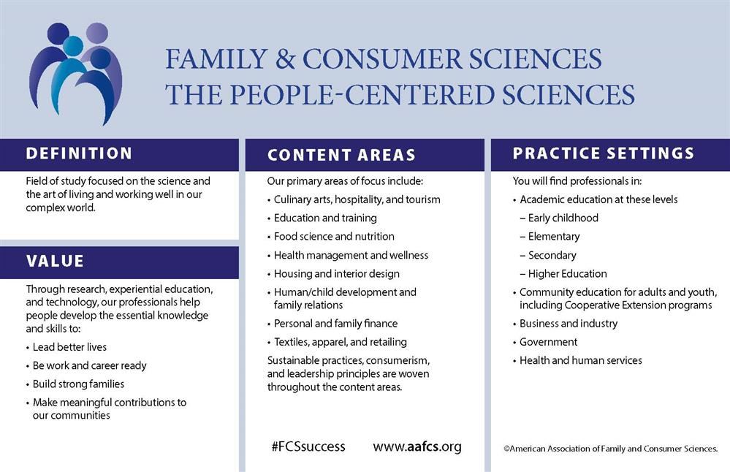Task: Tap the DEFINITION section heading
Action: (x=79, y=153)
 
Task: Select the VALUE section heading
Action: (x=55, y=261)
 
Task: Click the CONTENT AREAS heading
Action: (x=341, y=155)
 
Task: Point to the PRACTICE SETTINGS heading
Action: (x=604, y=153)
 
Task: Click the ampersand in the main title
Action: (x=285, y=59)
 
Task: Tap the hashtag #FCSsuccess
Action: (x=308, y=447)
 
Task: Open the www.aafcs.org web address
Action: (x=417, y=447)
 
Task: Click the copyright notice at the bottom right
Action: (x=610, y=449)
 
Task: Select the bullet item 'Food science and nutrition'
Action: (x=334, y=237)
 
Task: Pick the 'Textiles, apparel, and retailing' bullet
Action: (x=341, y=342)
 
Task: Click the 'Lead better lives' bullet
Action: (x=69, y=347)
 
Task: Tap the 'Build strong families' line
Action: (x=78, y=384)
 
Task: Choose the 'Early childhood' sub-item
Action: (x=563, y=218)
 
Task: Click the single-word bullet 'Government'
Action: (x=549, y=342)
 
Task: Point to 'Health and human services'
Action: (x=580, y=360)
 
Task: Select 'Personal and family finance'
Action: (x=335, y=324)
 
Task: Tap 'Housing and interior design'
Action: (x=337, y=274)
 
